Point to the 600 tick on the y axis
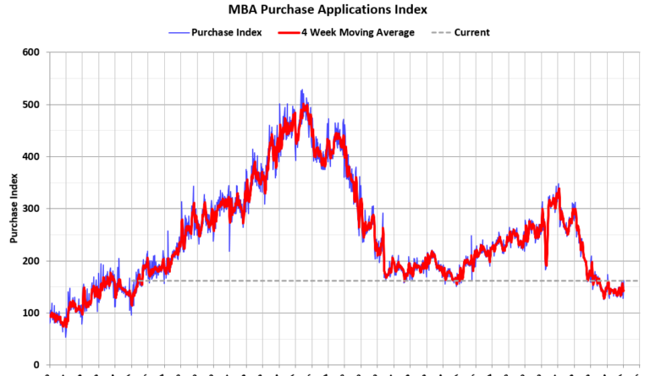[x=31, y=52]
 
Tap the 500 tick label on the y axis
[x=31, y=105]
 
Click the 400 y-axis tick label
[x=31, y=157]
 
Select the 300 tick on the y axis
[x=31, y=209]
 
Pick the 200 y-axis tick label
[x=31, y=261]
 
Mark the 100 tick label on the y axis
[x=31, y=313]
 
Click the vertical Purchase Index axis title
[x=14, y=209]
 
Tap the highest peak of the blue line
[x=301, y=90]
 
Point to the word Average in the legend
[x=394, y=32]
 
